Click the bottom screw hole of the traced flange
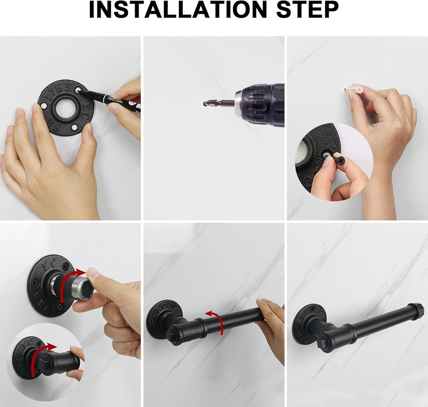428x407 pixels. (74, 127)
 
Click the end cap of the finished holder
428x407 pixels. (416, 311)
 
